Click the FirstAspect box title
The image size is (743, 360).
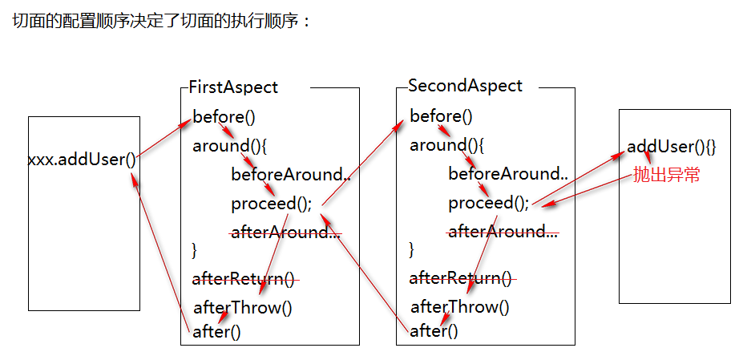pyautogui.click(x=233, y=87)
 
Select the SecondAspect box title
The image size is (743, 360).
pyautogui.click(x=465, y=86)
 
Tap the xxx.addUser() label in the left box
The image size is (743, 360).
pyautogui.click(x=82, y=159)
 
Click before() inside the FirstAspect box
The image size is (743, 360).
pyautogui.click(x=224, y=117)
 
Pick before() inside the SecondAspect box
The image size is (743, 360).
pyautogui.click(x=441, y=116)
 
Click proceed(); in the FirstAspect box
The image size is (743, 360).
pyautogui.click(x=272, y=204)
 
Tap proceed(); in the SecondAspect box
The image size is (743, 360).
pyautogui.click(x=489, y=203)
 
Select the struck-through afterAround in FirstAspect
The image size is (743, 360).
pyautogui.click(x=285, y=233)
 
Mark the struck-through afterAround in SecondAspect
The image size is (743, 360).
pyautogui.click(x=503, y=232)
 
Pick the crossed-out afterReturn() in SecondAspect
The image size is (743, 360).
pyautogui.click(x=461, y=278)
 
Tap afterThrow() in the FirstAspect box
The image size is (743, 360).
pyautogui.click(x=243, y=307)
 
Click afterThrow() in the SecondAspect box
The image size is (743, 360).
pyautogui.click(x=460, y=306)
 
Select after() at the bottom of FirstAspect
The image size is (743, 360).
pyautogui.click(x=216, y=331)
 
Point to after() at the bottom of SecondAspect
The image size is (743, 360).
pyautogui.click(x=434, y=330)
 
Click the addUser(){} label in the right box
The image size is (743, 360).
pyautogui.click(x=671, y=147)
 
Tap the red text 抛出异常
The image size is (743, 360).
pyautogui.click(x=666, y=175)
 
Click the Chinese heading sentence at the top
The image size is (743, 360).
pyautogui.click(x=161, y=22)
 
